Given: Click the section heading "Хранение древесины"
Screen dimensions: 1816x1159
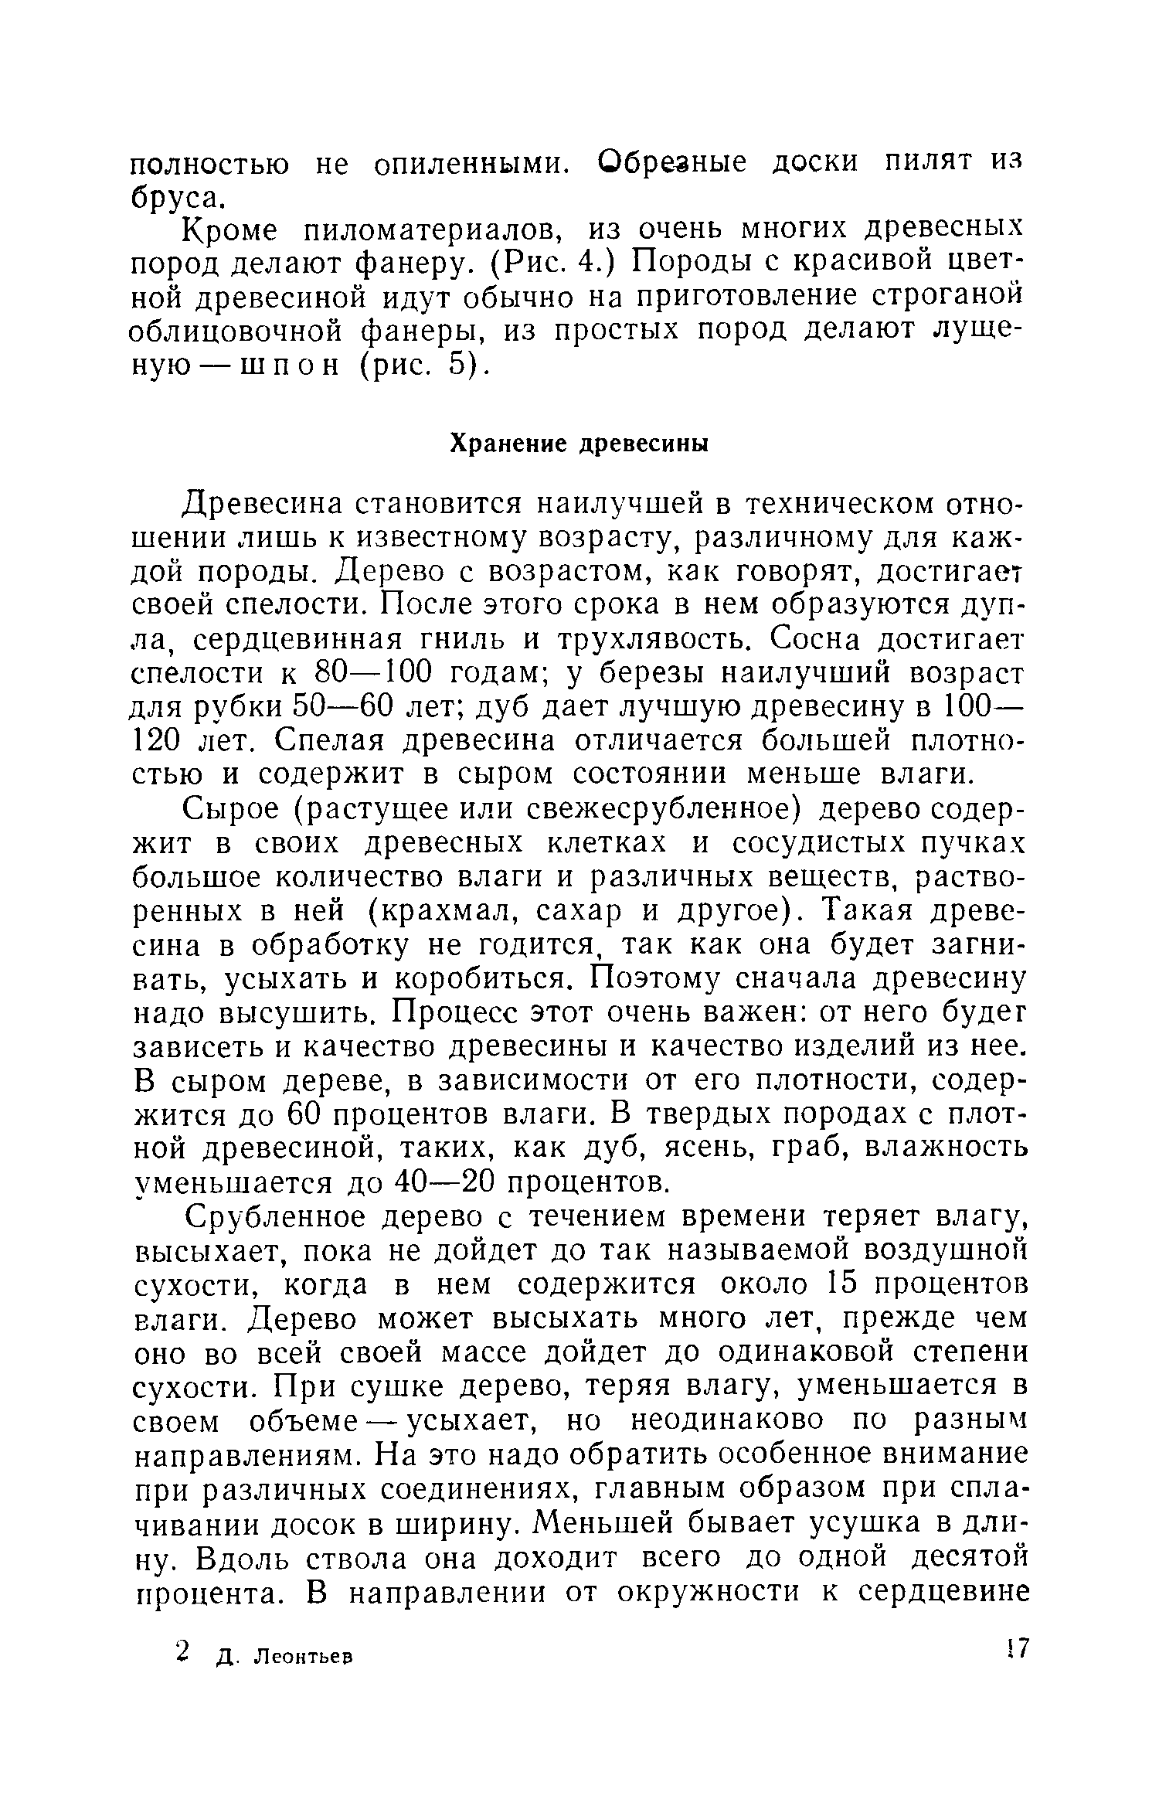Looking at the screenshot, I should pos(579,444).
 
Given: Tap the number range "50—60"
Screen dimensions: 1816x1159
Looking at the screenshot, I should pos(347,707).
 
